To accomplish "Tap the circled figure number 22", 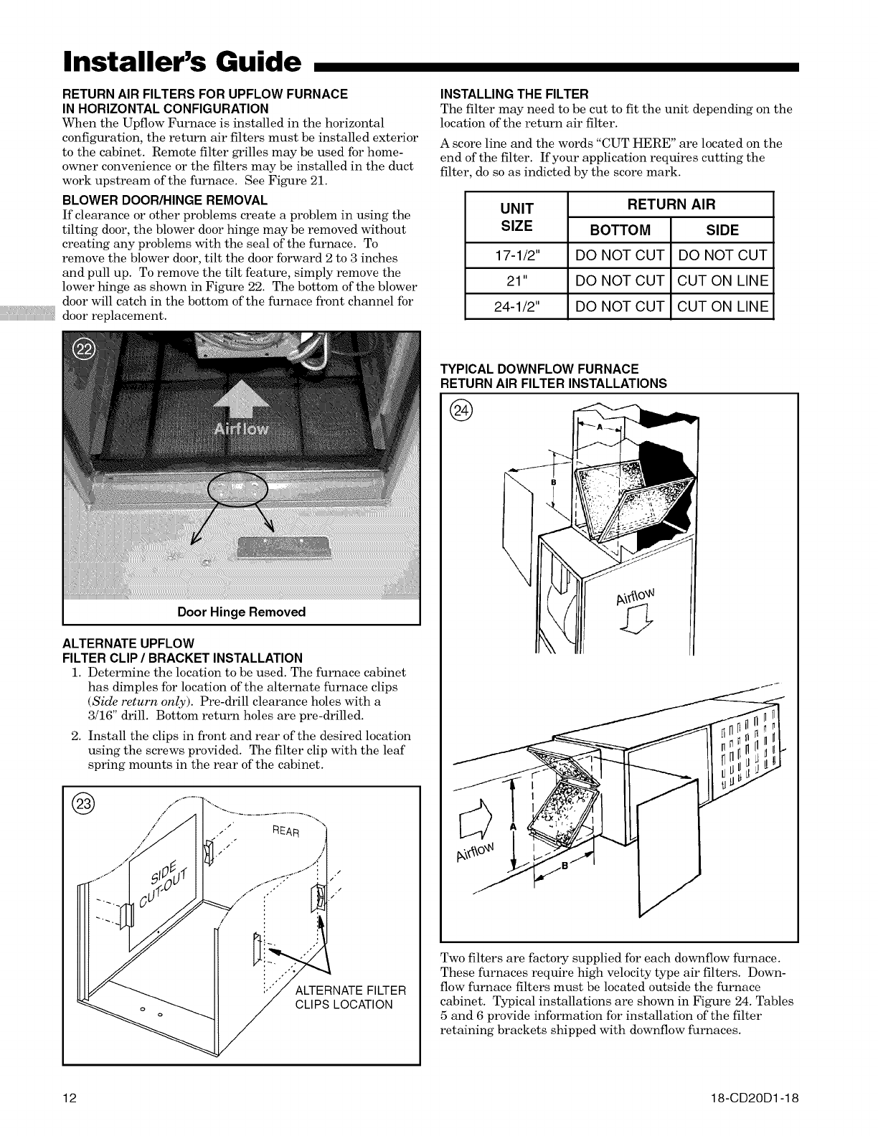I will tap(85, 351).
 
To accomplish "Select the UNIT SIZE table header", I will tap(516, 217).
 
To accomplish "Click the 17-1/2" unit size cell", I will tap(516, 255).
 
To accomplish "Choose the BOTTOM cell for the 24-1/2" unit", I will tap(619, 307).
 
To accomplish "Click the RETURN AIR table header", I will tap(671, 204).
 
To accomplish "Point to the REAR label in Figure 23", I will tap(289, 835).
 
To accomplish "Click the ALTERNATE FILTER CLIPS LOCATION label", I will tap(351, 998).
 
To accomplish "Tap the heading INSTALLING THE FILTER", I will tap(514, 94).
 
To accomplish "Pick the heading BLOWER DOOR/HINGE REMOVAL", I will tap(165, 200).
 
